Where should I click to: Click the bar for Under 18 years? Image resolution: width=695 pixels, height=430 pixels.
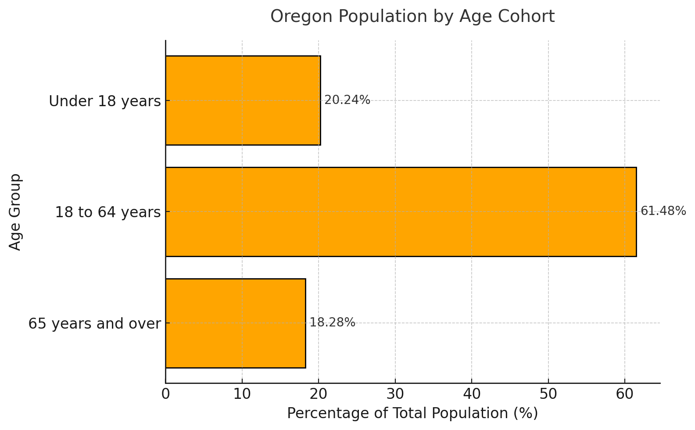click(x=243, y=100)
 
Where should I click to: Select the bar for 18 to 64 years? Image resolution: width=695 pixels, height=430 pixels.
click(x=401, y=212)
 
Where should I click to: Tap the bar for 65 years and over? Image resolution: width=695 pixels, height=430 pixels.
click(x=235, y=323)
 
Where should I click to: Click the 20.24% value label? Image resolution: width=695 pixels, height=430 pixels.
click(x=347, y=100)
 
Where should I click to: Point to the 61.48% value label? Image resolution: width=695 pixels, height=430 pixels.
click(x=663, y=211)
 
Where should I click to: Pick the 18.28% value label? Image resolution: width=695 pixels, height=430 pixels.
click(x=332, y=323)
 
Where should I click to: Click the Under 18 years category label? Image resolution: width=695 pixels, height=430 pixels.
click(x=105, y=101)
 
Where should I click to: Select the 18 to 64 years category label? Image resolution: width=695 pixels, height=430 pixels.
click(x=107, y=213)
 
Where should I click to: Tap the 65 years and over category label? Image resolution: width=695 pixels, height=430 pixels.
click(x=94, y=324)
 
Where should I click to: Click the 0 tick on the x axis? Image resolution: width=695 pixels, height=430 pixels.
click(x=165, y=394)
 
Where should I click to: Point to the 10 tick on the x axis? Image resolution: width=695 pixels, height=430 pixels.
click(x=242, y=394)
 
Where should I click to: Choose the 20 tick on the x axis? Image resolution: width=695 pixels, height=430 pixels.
click(x=319, y=394)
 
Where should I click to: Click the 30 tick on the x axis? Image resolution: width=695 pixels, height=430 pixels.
click(x=395, y=394)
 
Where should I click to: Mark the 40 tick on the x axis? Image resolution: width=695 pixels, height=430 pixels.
click(x=472, y=394)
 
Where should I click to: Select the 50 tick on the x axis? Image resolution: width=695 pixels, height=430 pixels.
click(x=548, y=394)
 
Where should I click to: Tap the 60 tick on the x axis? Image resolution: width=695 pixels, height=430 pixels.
click(x=625, y=394)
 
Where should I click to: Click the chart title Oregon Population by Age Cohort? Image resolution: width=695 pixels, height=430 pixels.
click(x=412, y=17)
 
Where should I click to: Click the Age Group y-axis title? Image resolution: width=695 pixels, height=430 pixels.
click(x=15, y=212)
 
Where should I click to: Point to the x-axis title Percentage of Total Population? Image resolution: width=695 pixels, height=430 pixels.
click(x=412, y=414)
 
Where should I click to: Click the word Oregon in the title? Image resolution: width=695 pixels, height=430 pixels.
click(x=296, y=17)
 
